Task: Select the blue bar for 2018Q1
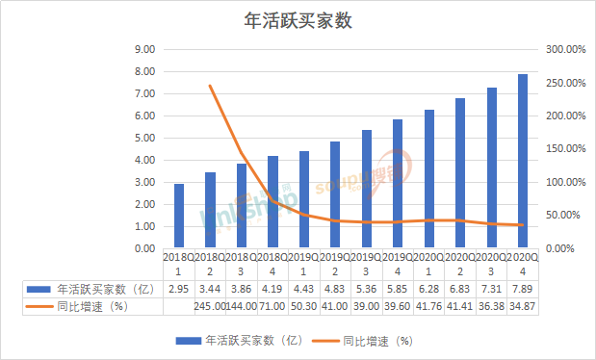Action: point(179,216)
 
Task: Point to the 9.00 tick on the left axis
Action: point(144,49)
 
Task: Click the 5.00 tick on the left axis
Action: point(144,138)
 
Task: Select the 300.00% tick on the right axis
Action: point(560,49)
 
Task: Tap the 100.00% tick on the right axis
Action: point(560,182)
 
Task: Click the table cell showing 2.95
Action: point(179,289)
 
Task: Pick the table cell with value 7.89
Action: point(523,289)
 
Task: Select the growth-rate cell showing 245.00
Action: point(210,306)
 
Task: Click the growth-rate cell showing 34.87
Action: point(523,306)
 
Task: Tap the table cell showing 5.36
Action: point(366,289)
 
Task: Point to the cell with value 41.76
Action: point(428,306)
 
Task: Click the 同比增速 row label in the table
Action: point(91,306)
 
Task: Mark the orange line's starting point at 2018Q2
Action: point(210,86)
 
